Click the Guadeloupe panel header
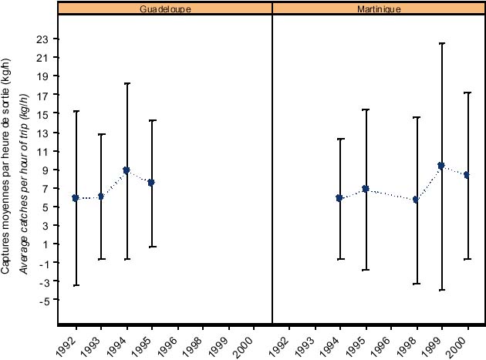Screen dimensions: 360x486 [165, 8]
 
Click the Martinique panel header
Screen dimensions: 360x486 [379, 8]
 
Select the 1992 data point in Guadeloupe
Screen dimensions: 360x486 [76, 198]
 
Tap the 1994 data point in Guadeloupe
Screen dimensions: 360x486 [127, 170]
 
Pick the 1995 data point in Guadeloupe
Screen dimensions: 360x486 [151, 183]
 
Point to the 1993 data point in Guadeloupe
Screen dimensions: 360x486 [101, 197]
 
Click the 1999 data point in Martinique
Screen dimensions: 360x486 [441, 166]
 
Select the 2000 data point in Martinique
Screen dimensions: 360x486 [467, 175]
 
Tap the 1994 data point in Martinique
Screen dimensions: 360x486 [339, 198]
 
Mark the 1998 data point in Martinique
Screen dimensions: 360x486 [417, 200]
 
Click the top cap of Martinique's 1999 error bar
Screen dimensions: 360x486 [441, 43]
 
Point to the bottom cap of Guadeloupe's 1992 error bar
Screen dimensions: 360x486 [76, 285]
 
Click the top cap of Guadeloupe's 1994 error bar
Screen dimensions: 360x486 [127, 83]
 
